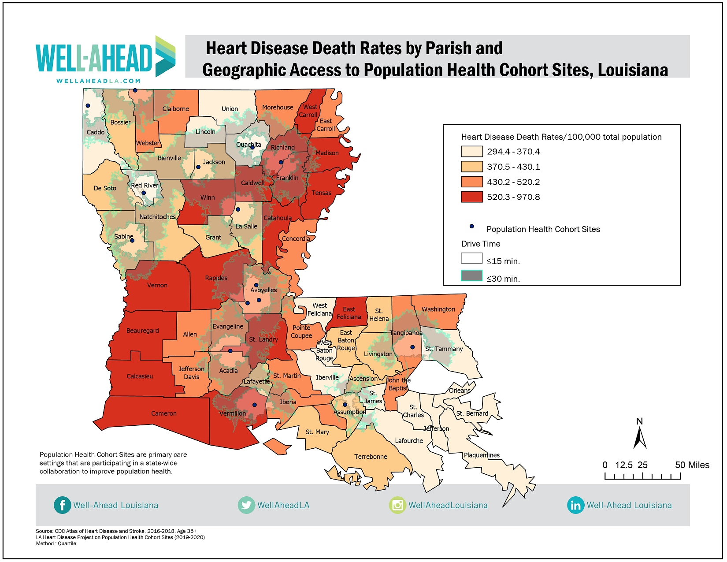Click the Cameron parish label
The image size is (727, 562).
164,413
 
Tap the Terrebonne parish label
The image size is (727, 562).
371,457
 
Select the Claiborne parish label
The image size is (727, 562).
175,109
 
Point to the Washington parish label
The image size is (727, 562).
438,309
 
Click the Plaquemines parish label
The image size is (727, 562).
482,455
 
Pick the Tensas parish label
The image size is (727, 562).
321,193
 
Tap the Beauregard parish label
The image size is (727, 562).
142,331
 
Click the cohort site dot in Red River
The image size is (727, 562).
144,193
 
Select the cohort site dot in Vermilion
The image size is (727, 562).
254,405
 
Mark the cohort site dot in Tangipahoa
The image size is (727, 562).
412,347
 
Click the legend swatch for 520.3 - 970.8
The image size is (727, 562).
471,197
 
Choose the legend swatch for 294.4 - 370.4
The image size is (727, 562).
471,152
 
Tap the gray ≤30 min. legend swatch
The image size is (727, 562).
471,276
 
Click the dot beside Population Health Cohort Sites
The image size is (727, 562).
471,227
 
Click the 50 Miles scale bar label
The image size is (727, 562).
692,465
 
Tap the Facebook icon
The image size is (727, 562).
62,505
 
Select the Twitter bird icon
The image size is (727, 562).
246,505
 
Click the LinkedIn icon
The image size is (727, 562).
575,505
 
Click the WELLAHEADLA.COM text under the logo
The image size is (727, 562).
99,81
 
